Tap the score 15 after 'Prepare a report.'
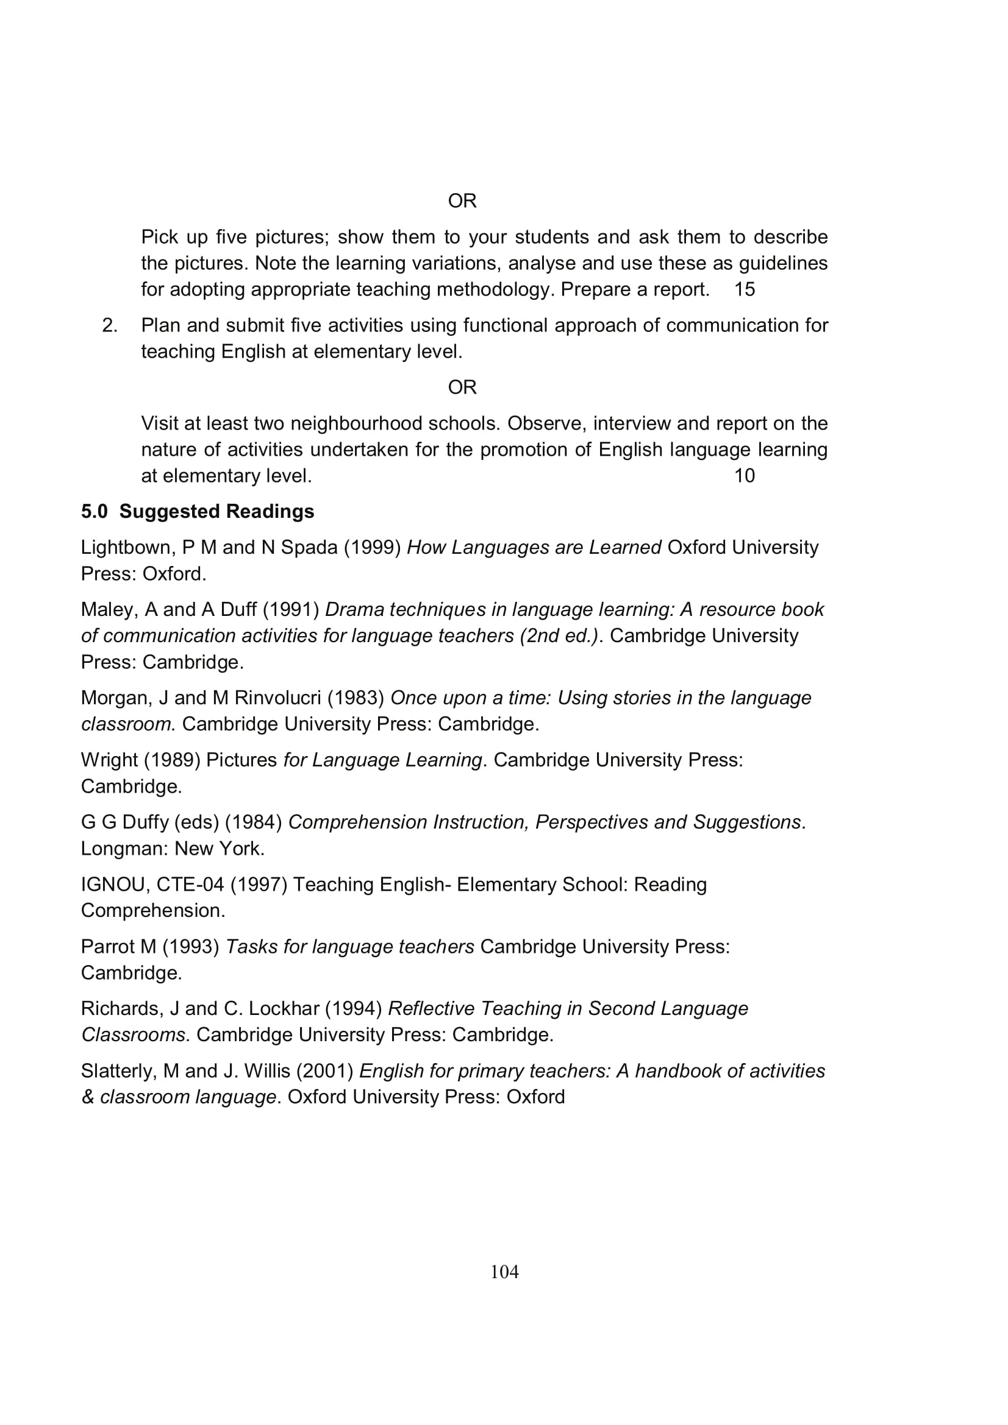point(744,289)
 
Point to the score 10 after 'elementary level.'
point(744,476)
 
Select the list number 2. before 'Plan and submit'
point(109,325)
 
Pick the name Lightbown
point(128,548)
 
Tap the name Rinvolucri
point(277,698)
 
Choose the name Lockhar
point(284,1008)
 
